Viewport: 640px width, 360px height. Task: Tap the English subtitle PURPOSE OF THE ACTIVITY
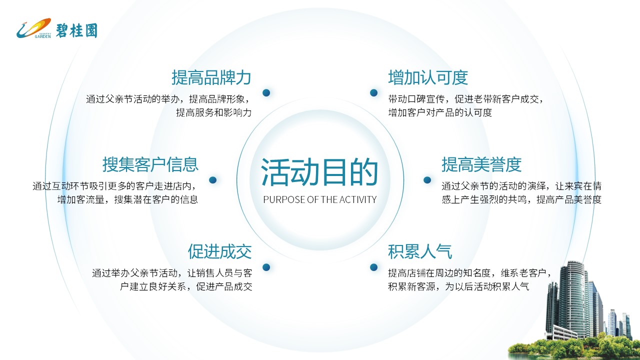point(319,199)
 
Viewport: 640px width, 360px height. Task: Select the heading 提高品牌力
point(211,77)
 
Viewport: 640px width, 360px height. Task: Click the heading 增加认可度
point(428,77)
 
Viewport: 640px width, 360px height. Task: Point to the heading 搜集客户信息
point(150,164)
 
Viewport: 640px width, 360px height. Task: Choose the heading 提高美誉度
point(481,164)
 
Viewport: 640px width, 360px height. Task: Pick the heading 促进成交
point(219,251)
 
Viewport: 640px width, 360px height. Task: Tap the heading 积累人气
point(420,251)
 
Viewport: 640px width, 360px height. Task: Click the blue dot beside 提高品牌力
point(266,92)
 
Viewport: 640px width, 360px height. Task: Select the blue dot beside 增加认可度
point(373,92)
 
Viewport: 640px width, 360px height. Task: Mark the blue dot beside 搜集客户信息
point(213,179)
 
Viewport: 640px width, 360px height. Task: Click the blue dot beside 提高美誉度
point(427,179)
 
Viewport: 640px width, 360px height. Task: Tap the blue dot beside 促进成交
point(266,267)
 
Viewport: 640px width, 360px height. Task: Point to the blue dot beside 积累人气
point(373,267)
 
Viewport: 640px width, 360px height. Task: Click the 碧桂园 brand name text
point(76,30)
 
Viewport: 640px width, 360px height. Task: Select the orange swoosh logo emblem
point(33,28)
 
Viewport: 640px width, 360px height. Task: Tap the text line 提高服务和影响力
point(213,112)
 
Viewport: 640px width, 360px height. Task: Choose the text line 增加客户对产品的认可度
point(440,112)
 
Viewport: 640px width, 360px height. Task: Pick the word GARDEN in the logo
point(43,36)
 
